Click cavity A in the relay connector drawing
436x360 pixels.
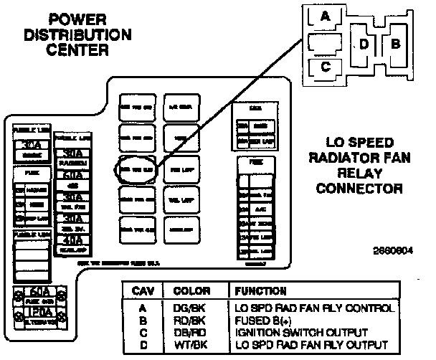pos(323,16)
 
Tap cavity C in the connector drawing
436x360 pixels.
pos(325,67)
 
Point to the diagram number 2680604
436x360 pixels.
pos(393,252)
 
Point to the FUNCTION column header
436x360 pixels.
pos(257,291)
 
